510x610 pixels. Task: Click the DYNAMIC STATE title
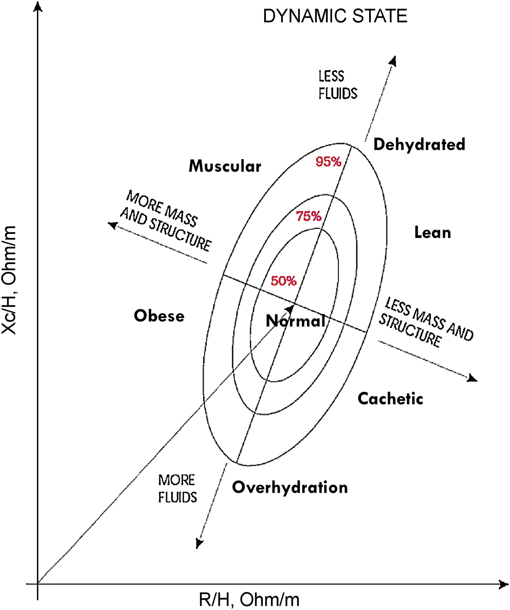335,16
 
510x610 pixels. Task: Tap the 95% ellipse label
328,162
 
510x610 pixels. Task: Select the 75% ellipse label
309,216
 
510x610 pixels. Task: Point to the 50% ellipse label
284,281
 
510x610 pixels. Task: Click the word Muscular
225,167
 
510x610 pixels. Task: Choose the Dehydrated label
419,144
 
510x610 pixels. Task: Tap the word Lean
432,233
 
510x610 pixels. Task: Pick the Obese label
159,316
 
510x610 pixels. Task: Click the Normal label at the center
295,321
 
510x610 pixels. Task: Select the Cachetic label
390,399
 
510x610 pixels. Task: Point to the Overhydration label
290,487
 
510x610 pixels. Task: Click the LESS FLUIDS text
338,85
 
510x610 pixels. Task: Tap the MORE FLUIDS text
177,489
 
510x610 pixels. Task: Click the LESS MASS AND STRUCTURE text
426,322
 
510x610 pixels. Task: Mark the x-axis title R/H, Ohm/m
249,599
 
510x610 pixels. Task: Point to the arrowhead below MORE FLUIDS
199,544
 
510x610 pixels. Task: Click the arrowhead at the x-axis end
503,584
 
